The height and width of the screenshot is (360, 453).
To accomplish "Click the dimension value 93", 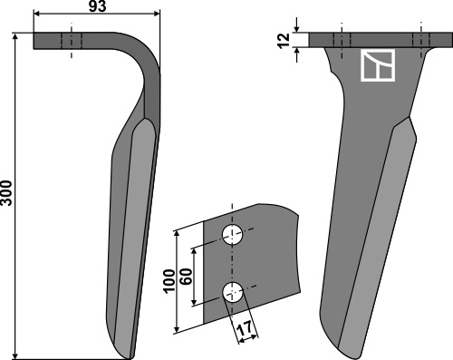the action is click(x=97, y=6).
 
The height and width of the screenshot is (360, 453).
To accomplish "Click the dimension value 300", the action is click(x=6, y=193).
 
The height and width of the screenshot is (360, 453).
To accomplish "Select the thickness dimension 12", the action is click(x=284, y=41).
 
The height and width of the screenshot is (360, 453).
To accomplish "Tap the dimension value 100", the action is click(x=169, y=280).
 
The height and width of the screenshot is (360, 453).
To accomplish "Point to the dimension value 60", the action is click(x=187, y=276).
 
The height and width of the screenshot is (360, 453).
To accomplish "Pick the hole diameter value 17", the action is click(x=244, y=328).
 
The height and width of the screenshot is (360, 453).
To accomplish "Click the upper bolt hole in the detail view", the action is click(x=233, y=235).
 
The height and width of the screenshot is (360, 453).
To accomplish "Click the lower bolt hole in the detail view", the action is click(x=233, y=292).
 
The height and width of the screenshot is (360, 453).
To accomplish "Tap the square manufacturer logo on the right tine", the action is click(x=378, y=65).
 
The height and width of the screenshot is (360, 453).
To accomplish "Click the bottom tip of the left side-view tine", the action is click(x=130, y=358).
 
